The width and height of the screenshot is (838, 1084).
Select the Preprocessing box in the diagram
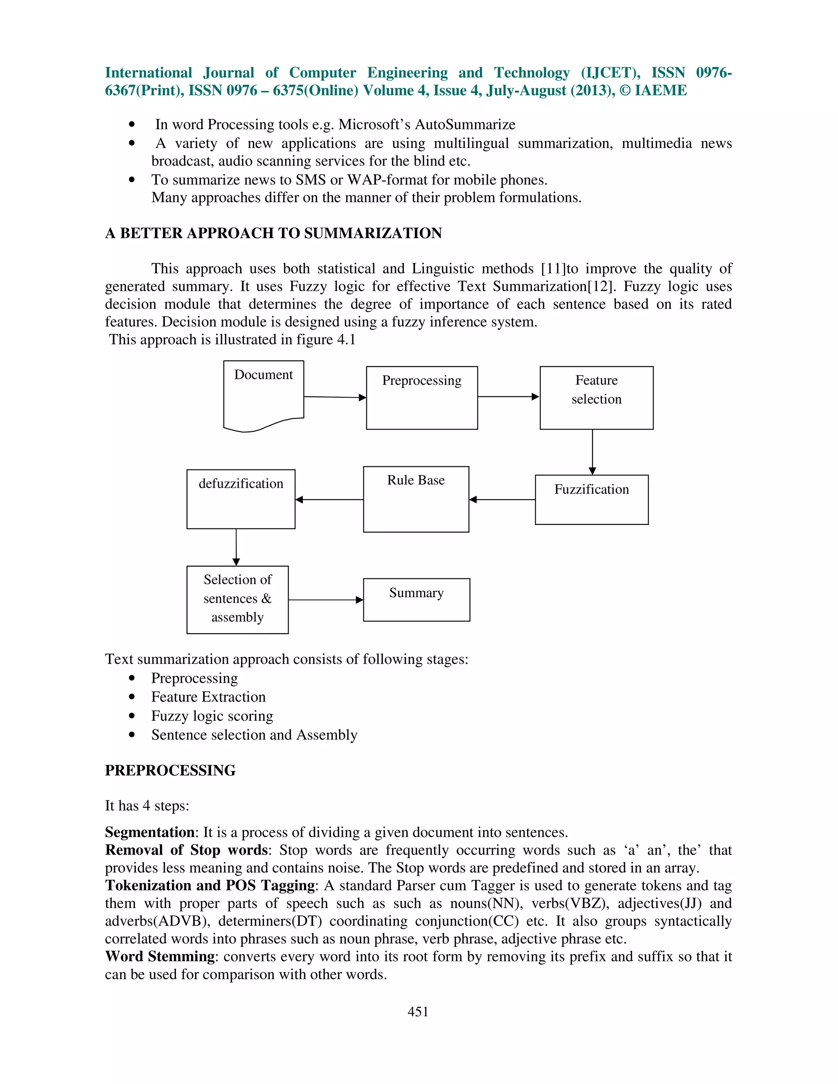pyautogui.click(x=421, y=398)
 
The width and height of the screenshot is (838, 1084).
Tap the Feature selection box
pyautogui.click(x=596, y=398)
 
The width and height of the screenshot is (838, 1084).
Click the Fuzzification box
pyautogui.click(x=591, y=499)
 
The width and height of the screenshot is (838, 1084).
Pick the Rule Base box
pyautogui.click(x=416, y=499)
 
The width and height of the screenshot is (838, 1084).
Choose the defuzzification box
pyautogui.click(x=241, y=499)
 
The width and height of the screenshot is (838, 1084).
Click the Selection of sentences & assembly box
pyautogui.click(x=237, y=599)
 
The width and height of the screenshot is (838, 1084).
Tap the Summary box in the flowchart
pyautogui.click(x=416, y=599)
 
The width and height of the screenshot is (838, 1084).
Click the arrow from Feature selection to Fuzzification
pyautogui.click(x=592, y=452)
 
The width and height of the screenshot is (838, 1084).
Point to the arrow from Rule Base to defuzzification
pyautogui.click(x=329, y=499)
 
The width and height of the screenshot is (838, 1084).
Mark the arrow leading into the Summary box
pyautogui.click(x=326, y=600)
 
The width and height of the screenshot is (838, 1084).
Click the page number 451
pyautogui.click(x=418, y=1011)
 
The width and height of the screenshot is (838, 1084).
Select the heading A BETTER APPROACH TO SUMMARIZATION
pyautogui.click(x=273, y=233)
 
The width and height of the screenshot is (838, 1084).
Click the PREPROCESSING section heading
pyautogui.click(x=170, y=770)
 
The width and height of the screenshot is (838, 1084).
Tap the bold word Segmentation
pyautogui.click(x=149, y=832)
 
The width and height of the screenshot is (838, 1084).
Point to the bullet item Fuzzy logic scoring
pyautogui.click(x=212, y=716)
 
